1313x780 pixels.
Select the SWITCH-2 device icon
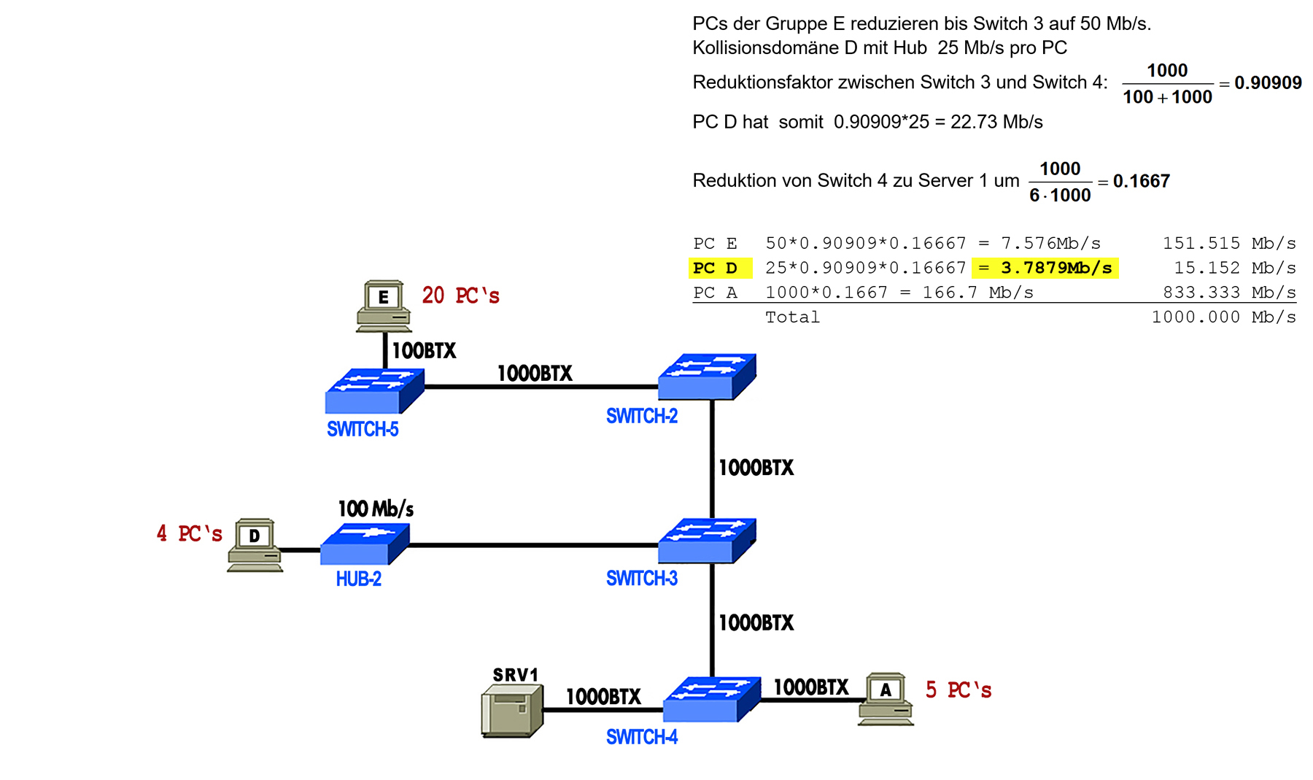707,377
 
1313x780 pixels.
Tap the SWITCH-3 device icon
707,541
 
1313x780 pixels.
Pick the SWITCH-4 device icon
711,700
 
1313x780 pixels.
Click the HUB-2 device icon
365,544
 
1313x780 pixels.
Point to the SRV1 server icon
512,711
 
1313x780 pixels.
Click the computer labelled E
384,306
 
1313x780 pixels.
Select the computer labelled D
255,545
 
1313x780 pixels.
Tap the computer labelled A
886,699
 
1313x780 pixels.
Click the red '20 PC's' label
460,296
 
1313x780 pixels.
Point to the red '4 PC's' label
190,533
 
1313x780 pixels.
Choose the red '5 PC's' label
958,690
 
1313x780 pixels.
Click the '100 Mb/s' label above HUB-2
376,509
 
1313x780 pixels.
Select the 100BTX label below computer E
424,351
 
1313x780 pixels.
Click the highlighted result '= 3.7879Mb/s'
1045,268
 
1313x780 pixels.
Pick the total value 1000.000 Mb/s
1223,317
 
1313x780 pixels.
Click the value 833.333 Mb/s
1229,292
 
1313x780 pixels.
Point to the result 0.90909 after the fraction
1268,82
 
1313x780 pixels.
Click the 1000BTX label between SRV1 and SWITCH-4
603,697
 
